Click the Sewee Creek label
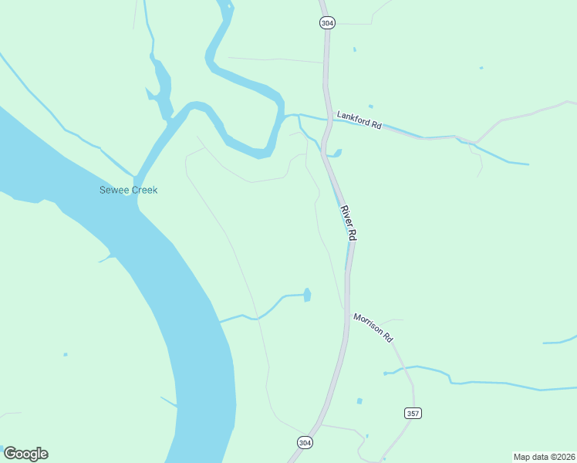[128, 190]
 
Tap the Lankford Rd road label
[359, 120]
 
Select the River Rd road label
[348, 223]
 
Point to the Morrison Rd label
[373, 328]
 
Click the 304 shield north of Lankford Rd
[327, 23]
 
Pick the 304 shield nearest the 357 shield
[305, 442]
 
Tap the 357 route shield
[413, 414]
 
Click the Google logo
[25, 454]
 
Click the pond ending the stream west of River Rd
[307, 295]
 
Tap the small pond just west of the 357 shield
[359, 401]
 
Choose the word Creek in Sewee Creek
[143, 190]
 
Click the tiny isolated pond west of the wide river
[66, 355]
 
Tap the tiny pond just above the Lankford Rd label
[371, 106]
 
